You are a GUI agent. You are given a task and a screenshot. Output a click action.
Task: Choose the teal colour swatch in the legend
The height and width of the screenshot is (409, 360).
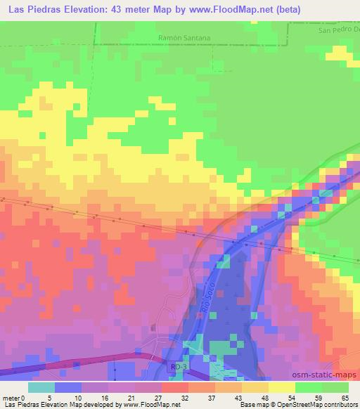pyautogui.click(x=40, y=387)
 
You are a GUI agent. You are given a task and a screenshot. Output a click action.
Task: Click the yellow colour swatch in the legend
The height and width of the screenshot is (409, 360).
pyautogui.click(x=281, y=387)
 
